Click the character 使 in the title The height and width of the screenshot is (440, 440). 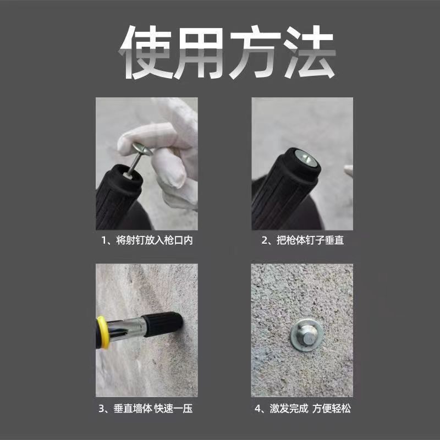point(145,52)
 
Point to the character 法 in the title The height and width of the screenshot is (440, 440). point(309,52)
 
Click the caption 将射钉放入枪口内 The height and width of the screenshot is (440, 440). point(155,240)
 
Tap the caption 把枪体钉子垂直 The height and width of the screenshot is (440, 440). point(310,240)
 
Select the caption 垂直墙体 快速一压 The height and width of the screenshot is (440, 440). point(153,409)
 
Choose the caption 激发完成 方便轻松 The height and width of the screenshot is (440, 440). point(310,409)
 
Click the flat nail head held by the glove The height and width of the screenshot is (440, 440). point(142,148)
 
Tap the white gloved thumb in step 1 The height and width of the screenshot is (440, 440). point(168,168)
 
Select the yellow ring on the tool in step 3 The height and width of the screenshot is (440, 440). point(102,332)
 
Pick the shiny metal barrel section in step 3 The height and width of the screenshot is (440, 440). point(127,328)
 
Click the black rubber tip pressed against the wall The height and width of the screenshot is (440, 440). point(163,323)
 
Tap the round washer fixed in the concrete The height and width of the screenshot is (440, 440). point(307,335)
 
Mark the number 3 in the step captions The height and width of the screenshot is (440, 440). point(101,409)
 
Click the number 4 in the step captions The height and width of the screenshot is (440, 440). point(257,409)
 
